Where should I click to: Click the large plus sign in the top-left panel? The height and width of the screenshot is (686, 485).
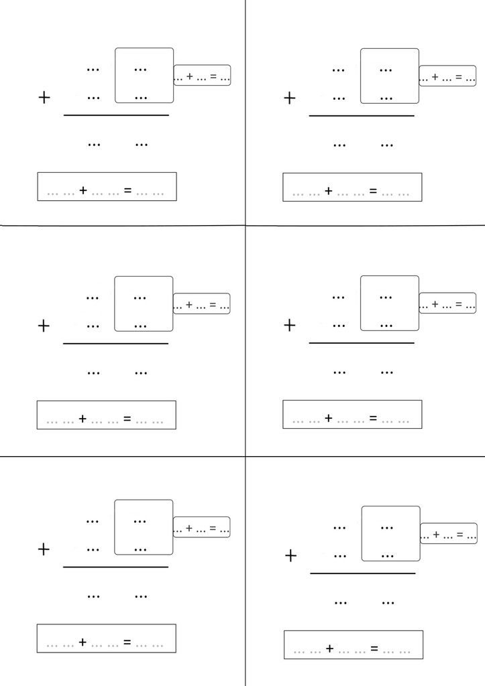44,97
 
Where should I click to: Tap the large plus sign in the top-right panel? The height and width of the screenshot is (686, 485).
290,98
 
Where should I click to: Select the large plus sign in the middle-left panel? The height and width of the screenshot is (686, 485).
44,326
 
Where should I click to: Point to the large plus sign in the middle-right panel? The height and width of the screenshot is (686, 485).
290,325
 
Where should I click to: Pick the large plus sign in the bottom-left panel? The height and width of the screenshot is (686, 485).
44,549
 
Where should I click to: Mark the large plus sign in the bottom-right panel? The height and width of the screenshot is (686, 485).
291,555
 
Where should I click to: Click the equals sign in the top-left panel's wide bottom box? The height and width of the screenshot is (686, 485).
127,190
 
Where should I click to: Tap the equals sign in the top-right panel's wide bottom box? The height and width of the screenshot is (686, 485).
373,191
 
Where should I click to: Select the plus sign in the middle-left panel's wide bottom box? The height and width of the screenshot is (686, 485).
83,419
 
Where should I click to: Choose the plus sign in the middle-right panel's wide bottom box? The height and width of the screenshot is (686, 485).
329,418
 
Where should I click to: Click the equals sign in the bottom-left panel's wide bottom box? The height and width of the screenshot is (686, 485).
127,642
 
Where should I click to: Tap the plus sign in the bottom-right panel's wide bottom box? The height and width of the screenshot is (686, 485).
330,648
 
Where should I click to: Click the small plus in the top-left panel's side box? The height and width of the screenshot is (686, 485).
190,76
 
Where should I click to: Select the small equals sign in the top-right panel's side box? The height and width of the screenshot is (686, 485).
459,76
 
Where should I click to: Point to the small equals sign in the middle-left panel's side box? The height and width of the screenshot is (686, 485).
213,305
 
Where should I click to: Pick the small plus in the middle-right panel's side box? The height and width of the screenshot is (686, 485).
435,303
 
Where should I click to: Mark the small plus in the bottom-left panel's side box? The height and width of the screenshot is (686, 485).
189,528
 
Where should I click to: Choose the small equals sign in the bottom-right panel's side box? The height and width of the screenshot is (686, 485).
460,534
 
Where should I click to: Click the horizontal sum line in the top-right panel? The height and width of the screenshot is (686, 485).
362,116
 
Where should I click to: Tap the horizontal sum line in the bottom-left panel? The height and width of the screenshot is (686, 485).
115,567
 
